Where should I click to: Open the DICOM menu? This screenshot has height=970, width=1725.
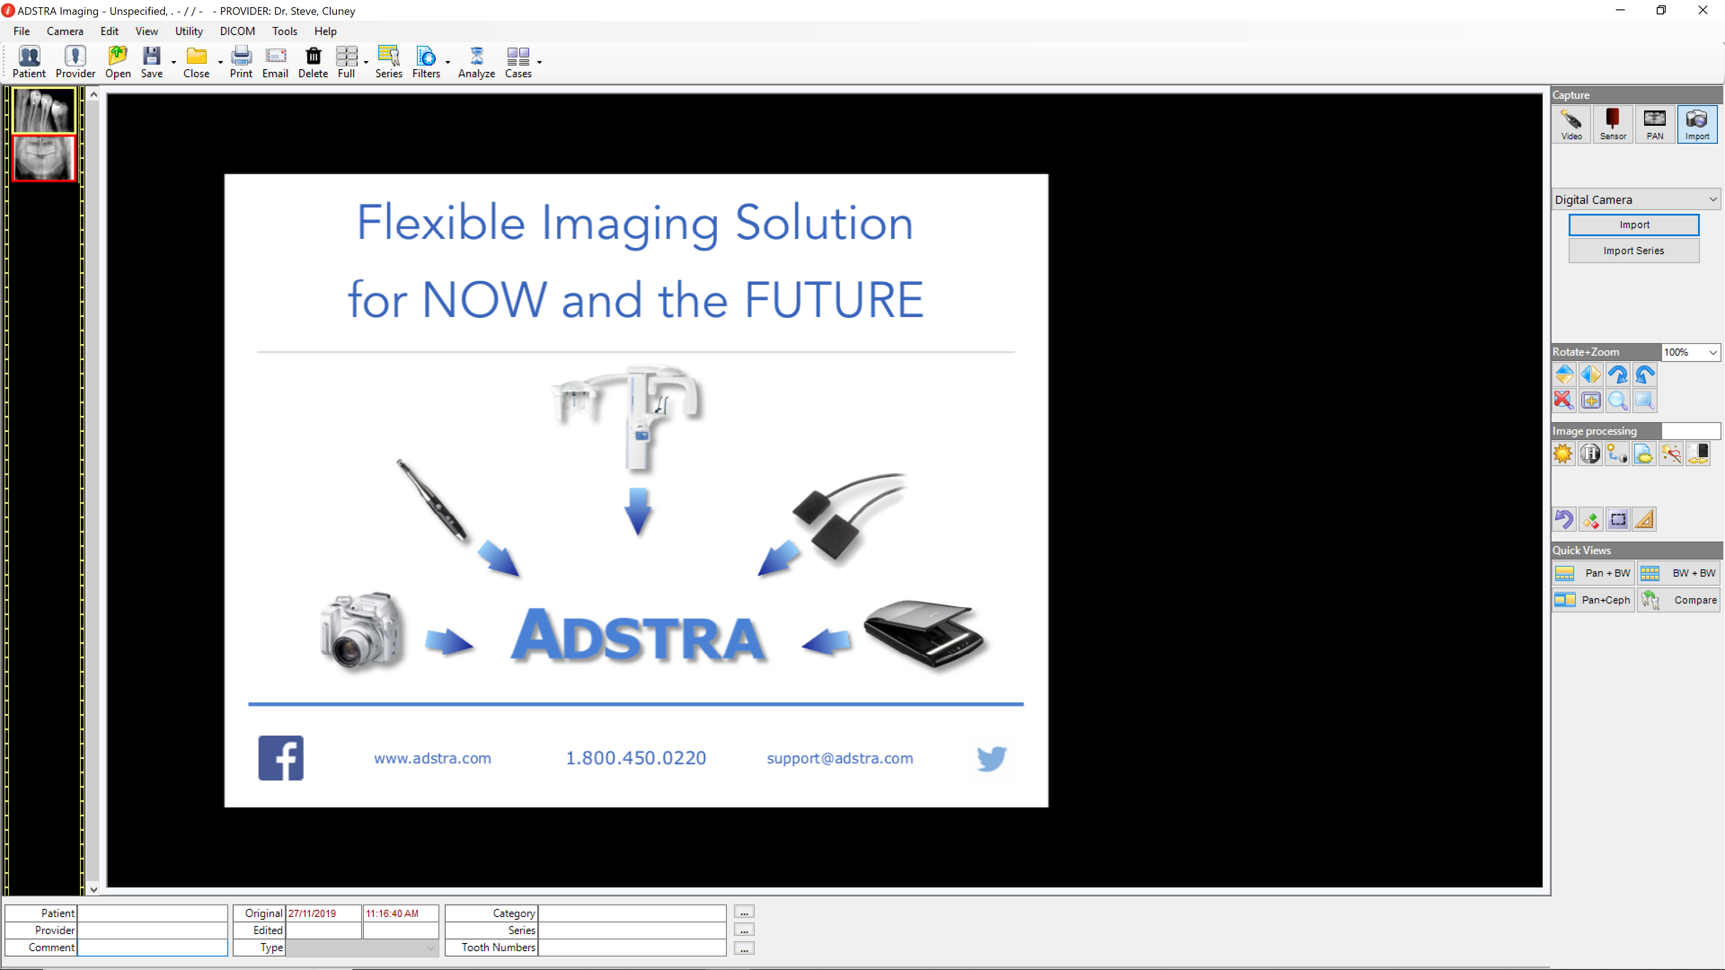[x=237, y=31]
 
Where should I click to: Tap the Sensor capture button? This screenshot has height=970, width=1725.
[x=1613, y=124]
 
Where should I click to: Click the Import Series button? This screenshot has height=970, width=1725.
[x=1633, y=251]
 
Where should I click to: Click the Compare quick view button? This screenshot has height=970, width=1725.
[x=1680, y=600]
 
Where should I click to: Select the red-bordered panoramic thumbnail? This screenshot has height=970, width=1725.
[x=44, y=158]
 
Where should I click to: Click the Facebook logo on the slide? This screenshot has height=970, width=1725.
[x=281, y=758]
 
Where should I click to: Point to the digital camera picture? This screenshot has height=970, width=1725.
[x=362, y=630]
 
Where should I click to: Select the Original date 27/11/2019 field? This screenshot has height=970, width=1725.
[x=323, y=913]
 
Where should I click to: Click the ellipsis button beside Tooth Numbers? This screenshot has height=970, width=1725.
[x=744, y=948]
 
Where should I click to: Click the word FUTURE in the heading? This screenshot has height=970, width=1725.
[x=834, y=300]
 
